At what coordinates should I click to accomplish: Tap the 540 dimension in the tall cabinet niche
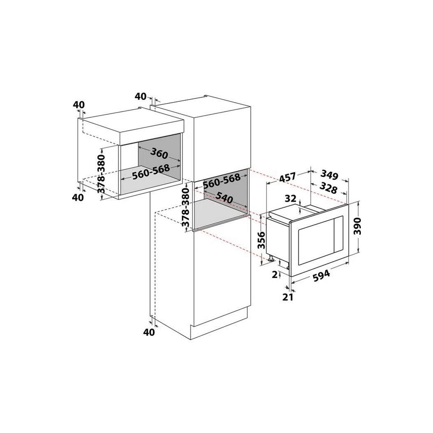click(x=224, y=198)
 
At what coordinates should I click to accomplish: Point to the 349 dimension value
click(x=329, y=175)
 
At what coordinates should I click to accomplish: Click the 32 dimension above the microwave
click(x=291, y=199)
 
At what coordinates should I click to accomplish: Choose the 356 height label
click(x=262, y=240)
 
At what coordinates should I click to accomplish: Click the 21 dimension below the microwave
click(x=288, y=297)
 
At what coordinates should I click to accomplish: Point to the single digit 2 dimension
click(x=275, y=274)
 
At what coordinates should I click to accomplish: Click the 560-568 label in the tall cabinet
click(x=222, y=181)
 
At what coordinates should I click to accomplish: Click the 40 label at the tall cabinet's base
click(x=149, y=332)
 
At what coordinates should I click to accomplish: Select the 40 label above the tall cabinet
click(x=141, y=96)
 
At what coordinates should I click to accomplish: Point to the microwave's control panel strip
click(x=339, y=234)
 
